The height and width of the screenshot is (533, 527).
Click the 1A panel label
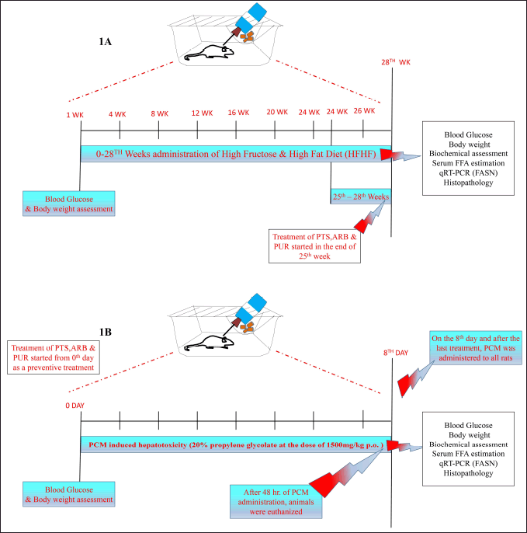coord(105,42)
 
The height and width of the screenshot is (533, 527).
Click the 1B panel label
coord(105,332)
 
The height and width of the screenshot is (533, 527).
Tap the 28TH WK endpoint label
coord(396,62)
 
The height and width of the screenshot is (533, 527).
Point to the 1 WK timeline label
coord(75,115)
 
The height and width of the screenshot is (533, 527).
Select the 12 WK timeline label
coord(202,113)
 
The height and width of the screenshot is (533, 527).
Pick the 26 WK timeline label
coord(364,111)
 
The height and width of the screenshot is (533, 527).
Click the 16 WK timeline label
coord(238,113)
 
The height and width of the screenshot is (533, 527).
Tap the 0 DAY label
coord(75,406)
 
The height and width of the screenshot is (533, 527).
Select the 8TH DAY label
coord(396,353)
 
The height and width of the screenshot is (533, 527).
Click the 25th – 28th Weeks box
coord(361,197)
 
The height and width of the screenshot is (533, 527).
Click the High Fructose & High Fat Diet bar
coord(236,154)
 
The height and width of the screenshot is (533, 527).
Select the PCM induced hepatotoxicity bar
coord(236,444)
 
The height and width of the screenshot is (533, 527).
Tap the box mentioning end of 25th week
coord(315,246)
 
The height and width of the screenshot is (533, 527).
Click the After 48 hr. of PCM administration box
coord(276,502)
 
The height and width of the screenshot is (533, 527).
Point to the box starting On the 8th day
coord(476,348)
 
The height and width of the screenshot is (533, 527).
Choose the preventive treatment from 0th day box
coord(54,357)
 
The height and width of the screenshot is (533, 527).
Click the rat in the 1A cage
coord(210,53)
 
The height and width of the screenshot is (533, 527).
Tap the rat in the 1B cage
coord(210,343)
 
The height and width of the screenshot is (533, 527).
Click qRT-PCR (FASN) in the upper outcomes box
coord(468,173)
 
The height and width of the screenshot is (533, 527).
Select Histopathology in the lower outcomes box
coord(468,473)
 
